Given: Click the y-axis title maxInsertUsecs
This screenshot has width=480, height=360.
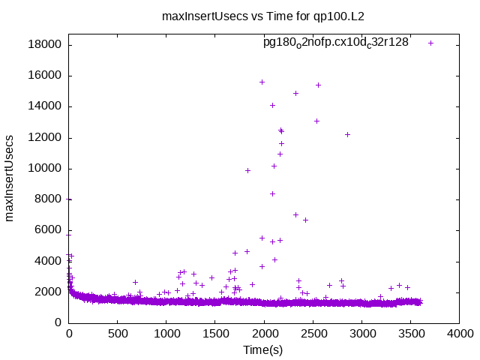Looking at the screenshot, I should coord(10,178).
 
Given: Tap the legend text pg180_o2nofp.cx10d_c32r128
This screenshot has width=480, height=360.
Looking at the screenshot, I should coord(335,43).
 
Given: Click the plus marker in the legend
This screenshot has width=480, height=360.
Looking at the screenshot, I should coord(430,43).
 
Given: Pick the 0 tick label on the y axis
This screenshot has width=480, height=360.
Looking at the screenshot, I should coord(58,322).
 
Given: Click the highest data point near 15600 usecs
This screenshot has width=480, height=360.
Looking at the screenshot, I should coord(262,82).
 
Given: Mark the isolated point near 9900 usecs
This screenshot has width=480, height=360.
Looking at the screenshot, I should coord(247,170).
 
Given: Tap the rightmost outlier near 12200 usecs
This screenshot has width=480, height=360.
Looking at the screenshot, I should coord(347,134).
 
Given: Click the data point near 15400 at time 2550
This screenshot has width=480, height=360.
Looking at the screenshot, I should coord(318,85).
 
